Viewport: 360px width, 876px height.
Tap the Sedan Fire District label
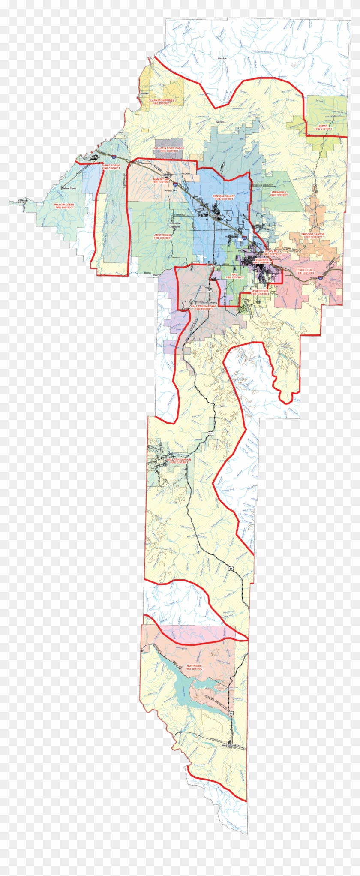click(x=323, y=127)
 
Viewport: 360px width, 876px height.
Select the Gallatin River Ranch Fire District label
click(x=169, y=149)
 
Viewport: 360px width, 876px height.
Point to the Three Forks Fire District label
click(x=111, y=166)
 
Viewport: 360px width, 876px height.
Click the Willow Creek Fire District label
click(x=64, y=206)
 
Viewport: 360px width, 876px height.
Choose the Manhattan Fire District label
click(x=162, y=180)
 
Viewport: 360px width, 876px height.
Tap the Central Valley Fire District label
click(x=224, y=197)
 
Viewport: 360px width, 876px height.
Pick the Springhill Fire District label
click(x=279, y=194)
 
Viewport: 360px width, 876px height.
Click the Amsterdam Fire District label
click(x=162, y=236)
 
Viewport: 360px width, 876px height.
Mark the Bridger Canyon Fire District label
click(x=313, y=235)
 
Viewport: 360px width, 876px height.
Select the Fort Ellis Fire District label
click(x=305, y=271)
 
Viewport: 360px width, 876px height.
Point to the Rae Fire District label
click(x=234, y=276)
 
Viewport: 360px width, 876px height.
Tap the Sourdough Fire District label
click(x=260, y=292)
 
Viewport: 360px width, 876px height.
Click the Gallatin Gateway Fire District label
click(x=204, y=307)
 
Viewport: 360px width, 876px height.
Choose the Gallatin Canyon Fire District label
click(x=179, y=461)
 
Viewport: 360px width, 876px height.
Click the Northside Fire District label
click(x=194, y=667)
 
